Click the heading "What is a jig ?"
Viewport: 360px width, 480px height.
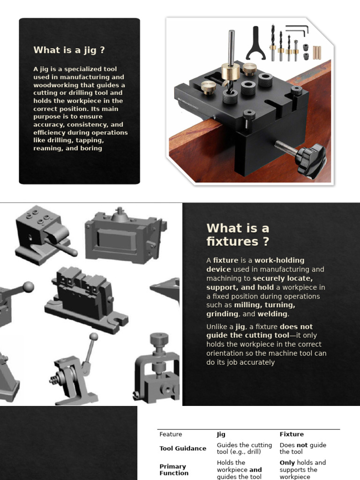[69, 50]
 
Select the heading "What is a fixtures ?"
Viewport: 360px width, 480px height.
[238, 234]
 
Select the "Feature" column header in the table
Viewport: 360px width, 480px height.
[171, 435]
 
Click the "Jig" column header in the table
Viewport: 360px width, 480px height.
[221, 435]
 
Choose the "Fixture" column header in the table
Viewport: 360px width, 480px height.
[292, 435]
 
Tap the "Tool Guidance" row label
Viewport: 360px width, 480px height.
[183, 449]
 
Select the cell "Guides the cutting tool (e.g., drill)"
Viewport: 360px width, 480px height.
[244, 449]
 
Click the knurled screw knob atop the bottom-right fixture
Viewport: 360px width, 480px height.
[159, 338]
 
